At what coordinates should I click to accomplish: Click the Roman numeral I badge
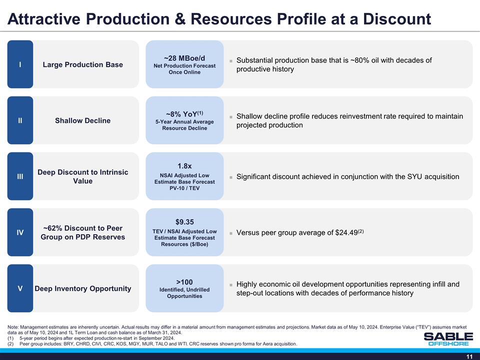[x=20, y=64]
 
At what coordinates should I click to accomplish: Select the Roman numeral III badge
[x=20, y=176]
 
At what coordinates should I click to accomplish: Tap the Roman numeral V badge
[x=20, y=288]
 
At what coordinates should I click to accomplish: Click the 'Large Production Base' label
[x=82, y=64]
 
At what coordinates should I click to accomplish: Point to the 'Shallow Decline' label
[x=82, y=120]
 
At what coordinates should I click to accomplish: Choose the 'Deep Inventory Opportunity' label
[x=82, y=288]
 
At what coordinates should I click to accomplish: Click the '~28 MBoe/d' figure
[x=184, y=58]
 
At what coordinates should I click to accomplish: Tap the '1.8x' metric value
[x=184, y=166]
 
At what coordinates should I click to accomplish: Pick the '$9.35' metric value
[x=184, y=222]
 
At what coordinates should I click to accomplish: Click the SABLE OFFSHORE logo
[x=448, y=338]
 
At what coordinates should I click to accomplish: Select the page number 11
[x=469, y=355]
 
